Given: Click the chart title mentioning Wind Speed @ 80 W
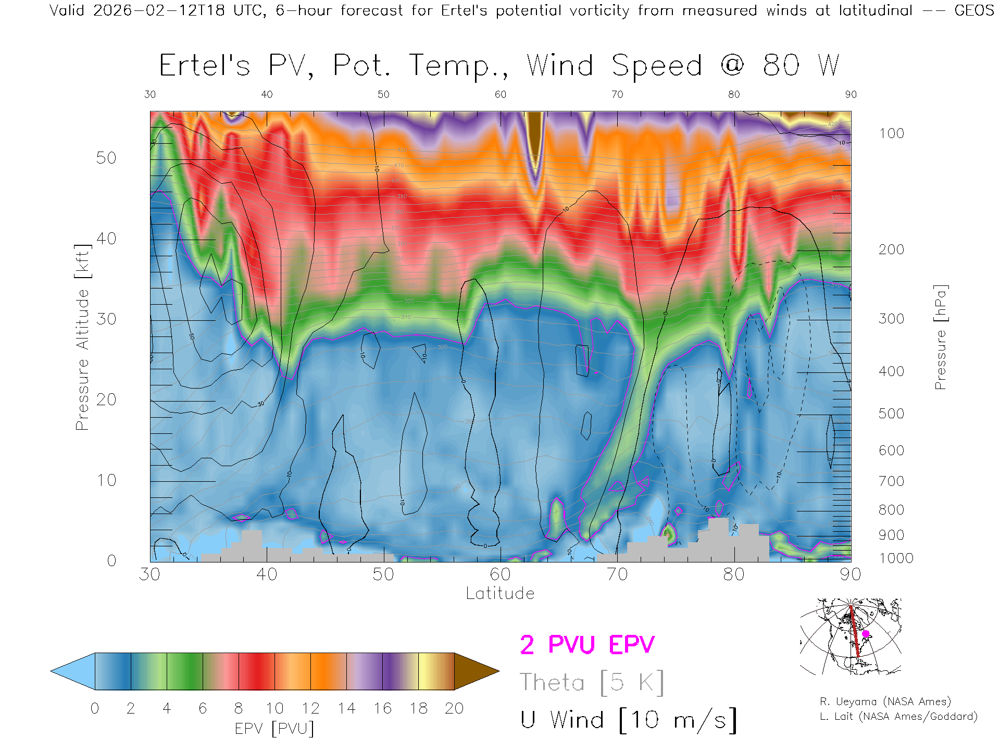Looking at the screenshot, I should tap(499, 66).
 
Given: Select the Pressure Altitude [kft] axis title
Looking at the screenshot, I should tap(82, 337).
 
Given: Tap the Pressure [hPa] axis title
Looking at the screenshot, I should tap(940, 337).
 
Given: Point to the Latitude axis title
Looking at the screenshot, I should tap(500, 593).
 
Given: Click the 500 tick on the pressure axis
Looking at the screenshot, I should tap(891, 414).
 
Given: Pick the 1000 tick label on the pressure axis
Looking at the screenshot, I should tap(896, 558).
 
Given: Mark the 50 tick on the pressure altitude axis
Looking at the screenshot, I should tap(106, 158).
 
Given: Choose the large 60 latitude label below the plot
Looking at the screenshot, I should tap(500, 574).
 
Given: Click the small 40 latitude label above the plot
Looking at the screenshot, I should tap(267, 94).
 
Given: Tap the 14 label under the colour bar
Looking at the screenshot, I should tap(346, 708).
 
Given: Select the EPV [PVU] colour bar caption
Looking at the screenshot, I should tap(274, 729).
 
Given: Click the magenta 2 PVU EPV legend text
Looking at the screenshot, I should tap(587, 645).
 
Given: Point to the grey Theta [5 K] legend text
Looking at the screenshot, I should tap(592, 682).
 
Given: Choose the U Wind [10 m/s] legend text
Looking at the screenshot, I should tap(628, 720).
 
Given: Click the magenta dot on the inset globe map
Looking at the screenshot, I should tap(866, 634).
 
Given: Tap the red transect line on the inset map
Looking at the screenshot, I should tap(854, 631).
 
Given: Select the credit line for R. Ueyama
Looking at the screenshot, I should tap(885, 702).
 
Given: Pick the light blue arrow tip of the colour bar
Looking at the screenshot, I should tap(73, 671).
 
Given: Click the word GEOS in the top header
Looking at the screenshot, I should tap(974, 10).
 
